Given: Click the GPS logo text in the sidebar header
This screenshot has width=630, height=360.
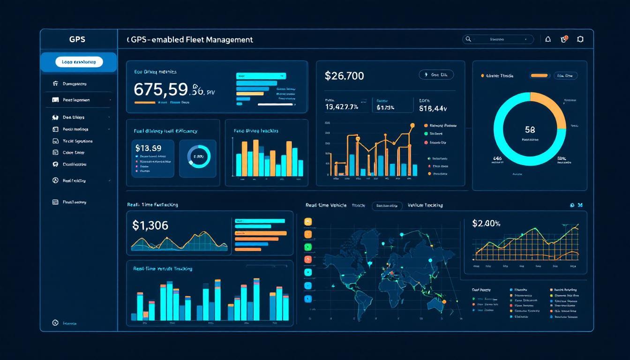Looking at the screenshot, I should pyautogui.click(x=77, y=40).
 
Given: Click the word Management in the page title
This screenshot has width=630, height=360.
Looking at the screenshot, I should pyautogui.click(x=229, y=40).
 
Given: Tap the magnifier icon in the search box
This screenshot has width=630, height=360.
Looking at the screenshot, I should pyautogui.click(x=467, y=40).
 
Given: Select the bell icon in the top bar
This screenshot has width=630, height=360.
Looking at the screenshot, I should pyautogui.click(x=548, y=40).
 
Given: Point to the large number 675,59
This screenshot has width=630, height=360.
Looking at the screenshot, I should pyautogui.click(x=160, y=89).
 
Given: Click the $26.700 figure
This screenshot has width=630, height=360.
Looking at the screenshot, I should pyautogui.click(x=344, y=76).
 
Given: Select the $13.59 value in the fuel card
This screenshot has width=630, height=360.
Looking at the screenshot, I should pyautogui.click(x=148, y=148).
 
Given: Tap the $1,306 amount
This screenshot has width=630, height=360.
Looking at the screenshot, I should pyautogui.click(x=150, y=225).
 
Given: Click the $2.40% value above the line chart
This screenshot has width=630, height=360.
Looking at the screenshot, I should pyautogui.click(x=487, y=223).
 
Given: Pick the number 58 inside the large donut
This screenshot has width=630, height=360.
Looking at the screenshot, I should pyautogui.click(x=530, y=129).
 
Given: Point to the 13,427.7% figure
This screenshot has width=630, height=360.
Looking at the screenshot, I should pyautogui.click(x=341, y=107).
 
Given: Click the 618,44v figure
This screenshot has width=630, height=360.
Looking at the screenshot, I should pyautogui.click(x=433, y=108).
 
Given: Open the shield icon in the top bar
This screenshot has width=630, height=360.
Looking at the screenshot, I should pyautogui.click(x=580, y=40).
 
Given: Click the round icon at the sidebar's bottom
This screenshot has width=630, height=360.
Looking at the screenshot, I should pyautogui.click(x=55, y=323).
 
